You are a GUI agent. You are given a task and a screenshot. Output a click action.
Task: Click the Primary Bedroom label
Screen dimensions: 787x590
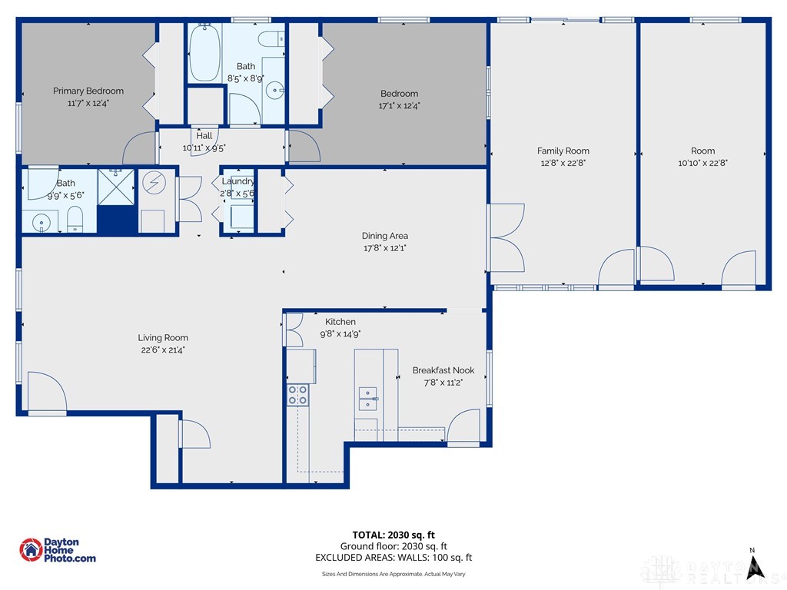click(88, 91)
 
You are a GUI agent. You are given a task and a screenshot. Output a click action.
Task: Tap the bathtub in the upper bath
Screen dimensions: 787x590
click(204, 52)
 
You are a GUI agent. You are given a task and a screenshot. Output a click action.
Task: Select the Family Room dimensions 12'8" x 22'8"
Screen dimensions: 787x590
click(563, 163)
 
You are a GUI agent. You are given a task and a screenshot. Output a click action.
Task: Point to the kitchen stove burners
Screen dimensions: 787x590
click(297, 395)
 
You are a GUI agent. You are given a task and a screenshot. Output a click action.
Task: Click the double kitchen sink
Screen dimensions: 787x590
click(368, 399)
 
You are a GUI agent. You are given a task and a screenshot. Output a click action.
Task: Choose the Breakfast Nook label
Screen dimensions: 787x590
click(443, 370)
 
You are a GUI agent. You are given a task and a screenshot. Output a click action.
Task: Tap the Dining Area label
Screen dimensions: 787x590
click(385, 236)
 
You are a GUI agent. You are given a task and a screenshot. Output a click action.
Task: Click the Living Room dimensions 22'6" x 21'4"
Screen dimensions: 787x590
click(163, 350)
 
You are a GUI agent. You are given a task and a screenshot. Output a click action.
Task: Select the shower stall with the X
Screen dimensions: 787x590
click(116, 187)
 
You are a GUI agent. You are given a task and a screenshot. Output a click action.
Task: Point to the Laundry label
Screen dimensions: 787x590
click(238, 181)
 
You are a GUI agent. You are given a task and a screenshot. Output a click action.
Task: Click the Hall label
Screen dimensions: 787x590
click(204, 135)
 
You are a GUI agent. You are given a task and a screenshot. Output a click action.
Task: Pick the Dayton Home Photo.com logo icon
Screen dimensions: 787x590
click(31, 550)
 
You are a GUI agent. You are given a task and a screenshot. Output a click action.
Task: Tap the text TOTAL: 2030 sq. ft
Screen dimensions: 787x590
click(393, 535)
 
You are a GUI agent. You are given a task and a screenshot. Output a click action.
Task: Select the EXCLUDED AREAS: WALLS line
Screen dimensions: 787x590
click(393, 558)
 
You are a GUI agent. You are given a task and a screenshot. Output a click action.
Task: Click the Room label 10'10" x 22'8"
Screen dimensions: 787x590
click(702, 157)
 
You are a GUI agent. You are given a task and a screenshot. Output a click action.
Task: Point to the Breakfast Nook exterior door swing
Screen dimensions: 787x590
click(463, 426)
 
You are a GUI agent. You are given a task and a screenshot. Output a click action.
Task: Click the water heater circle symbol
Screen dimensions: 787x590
click(154, 183)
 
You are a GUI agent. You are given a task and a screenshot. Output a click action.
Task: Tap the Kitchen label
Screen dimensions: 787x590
click(340, 322)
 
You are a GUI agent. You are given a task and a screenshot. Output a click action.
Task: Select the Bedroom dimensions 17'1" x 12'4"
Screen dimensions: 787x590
click(399, 106)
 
